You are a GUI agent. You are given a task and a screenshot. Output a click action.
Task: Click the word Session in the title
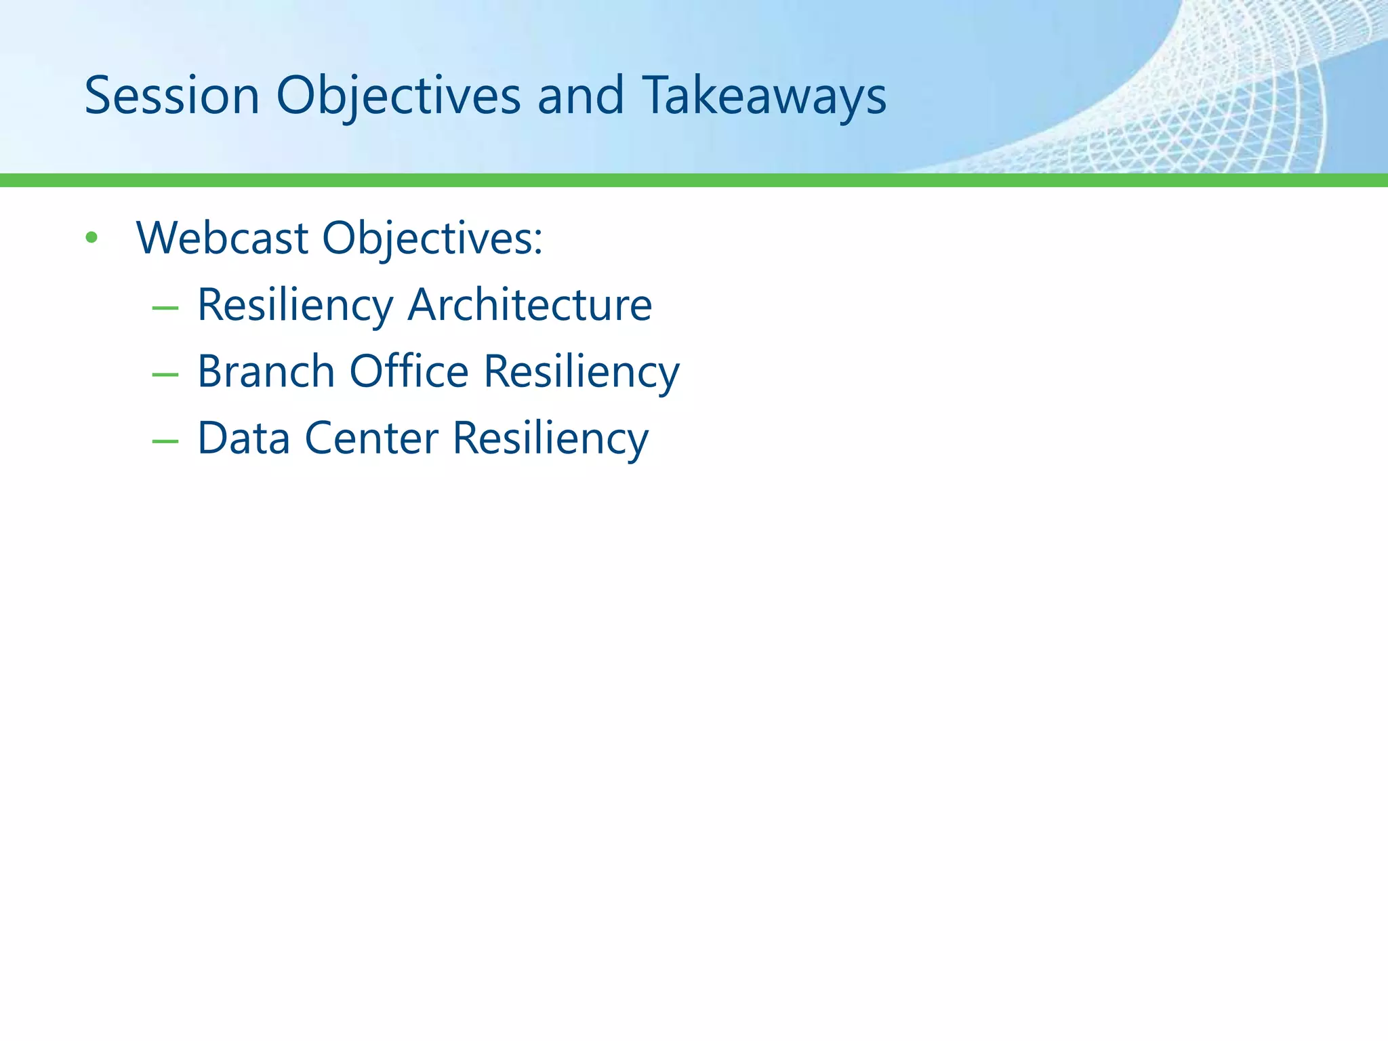(x=172, y=96)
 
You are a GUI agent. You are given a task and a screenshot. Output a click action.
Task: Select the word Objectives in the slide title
(x=399, y=96)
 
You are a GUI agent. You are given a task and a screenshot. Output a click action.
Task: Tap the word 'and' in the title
(x=580, y=96)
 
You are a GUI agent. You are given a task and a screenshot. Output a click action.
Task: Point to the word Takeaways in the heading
(x=764, y=96)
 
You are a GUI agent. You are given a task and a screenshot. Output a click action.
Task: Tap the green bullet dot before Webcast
(x=91, y=238)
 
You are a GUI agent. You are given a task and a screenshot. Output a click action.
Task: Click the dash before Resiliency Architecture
(x=165, y=308)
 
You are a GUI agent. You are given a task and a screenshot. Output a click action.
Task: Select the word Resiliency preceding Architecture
(x=295, y=306)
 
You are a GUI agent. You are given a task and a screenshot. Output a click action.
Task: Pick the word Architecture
(x=529, y=304)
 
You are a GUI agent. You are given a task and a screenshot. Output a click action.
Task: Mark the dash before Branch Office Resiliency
(x=165, y=375)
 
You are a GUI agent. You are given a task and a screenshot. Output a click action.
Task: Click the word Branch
(x=266, y=371)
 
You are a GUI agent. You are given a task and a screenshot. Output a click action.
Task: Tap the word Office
(x=409, y=371)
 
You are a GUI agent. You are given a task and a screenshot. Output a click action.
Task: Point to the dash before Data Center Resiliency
(x=165, y=442)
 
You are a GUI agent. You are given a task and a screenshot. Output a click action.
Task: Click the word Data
(x=244, y=438)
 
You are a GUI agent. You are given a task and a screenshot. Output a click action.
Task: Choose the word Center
(x=371, y=438)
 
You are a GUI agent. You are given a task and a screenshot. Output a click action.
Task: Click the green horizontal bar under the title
(x=694, y=180)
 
